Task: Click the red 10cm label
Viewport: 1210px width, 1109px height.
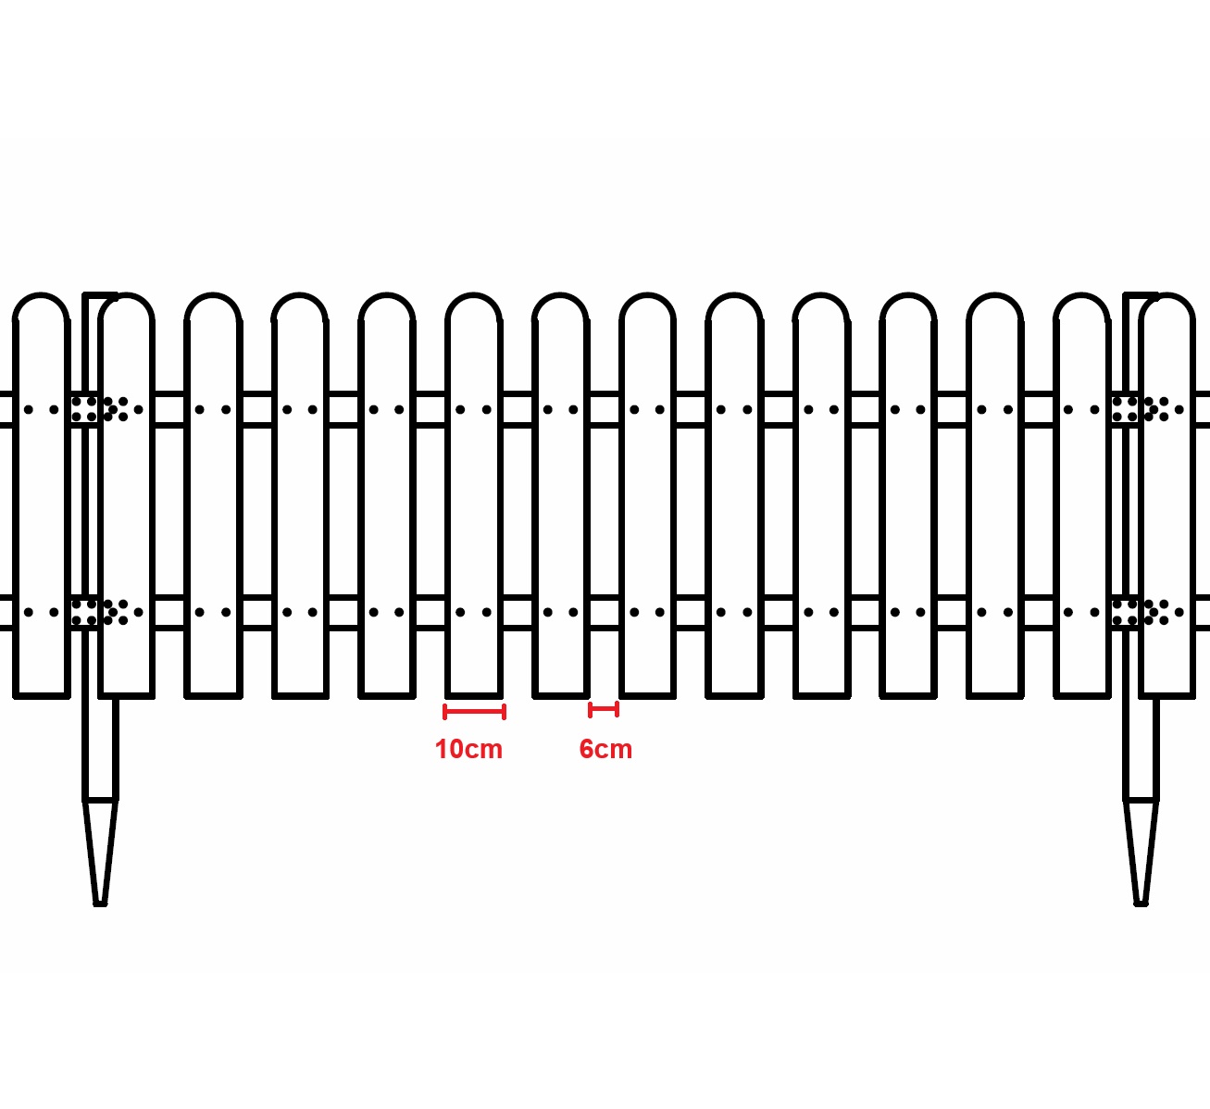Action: [x=468, y=750]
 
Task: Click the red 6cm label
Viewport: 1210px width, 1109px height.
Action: [x=605, y=750]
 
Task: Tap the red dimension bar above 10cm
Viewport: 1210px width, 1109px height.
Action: [x=474, y=712]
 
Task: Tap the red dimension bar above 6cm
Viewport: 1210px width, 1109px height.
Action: [x=604, y=710]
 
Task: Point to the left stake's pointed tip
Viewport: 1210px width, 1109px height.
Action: [x=100, y=903]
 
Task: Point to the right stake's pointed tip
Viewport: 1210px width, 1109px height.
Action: [x=1141, y=903]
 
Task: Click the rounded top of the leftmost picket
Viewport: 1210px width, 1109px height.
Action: [x=41, y=294]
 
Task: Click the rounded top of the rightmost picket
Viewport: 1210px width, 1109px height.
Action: [x=1167, y=294]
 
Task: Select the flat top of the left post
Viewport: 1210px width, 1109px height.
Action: [x=100, y=295]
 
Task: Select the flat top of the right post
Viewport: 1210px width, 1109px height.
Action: [x=1141, y=295]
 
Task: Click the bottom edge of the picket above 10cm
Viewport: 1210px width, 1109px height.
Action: [x=474, y=696]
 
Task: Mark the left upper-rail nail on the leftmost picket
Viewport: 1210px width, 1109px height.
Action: [x=29, y=410]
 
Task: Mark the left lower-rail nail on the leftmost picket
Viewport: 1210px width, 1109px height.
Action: [x=29, y=613]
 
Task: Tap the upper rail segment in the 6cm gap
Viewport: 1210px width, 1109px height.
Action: [x=605, y=410]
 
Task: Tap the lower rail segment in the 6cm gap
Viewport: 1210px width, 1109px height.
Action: [x=605, y=613]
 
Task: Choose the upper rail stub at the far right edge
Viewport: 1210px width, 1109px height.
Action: [x=1203, y=410]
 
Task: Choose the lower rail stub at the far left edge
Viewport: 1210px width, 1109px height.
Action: [x=6, y=613]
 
